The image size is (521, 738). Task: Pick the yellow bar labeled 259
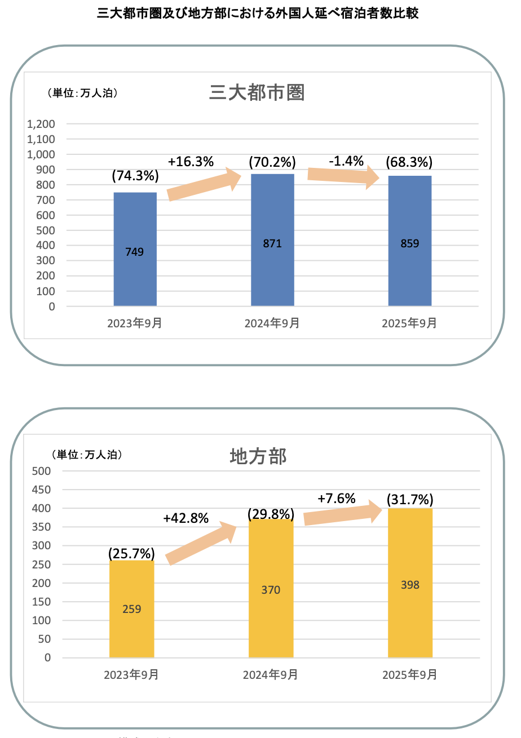click(131, 608)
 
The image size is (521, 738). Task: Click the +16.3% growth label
click(191, 162)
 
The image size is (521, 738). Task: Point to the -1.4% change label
click(346, 161)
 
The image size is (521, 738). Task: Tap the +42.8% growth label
click(186, 518)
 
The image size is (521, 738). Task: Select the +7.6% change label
click(336, 499)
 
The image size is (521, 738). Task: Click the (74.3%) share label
click(135, 176)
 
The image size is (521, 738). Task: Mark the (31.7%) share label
click(410, 500)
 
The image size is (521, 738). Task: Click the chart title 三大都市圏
click(257, 92)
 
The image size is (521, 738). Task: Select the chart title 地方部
click(259, 456)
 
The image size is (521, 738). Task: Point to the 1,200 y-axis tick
click(41, 124)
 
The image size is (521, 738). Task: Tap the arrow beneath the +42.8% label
click(201, 541)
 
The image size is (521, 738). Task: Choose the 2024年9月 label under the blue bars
click(272, 323)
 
